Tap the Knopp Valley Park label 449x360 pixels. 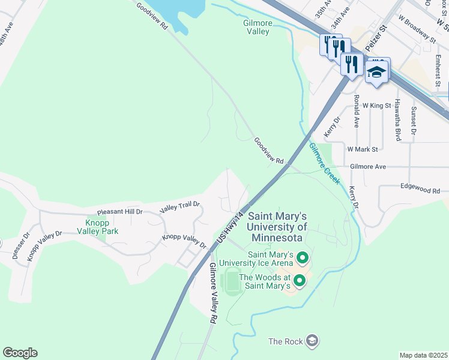tap(97, 227)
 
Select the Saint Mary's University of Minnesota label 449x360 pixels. tap(277, 227)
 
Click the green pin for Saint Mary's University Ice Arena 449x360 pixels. tap(303, 259)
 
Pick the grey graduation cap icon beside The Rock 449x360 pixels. tap(312, 341)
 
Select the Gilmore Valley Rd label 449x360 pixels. tap(211, 293)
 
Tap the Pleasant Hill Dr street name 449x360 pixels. tap(119, 212)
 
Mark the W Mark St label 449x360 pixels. tap(363, 148)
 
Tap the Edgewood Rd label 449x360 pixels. tap(420, 190)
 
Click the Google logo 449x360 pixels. tap(20, 353)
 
